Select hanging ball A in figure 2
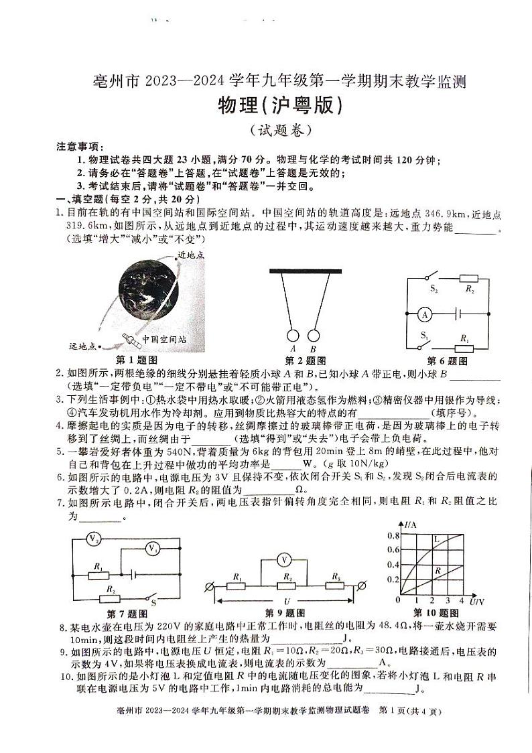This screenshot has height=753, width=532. pos(293,336)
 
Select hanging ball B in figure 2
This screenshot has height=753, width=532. pos(312,336)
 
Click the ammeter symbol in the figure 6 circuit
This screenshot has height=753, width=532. pos(423,313)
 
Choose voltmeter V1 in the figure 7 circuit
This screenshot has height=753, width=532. pos(153,549)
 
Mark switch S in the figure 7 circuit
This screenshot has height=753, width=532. pos(151,597)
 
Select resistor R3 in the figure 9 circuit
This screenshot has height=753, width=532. pos(334,586)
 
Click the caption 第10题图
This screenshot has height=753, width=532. pos(436,612)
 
